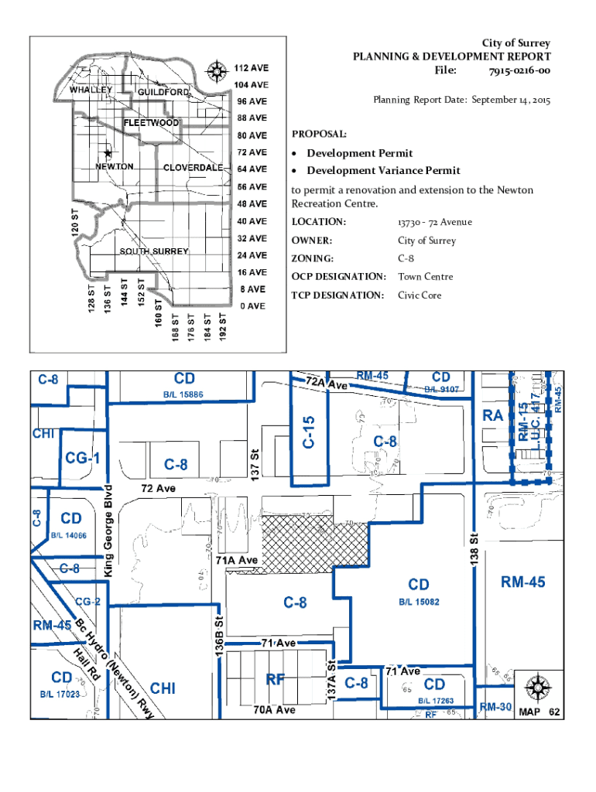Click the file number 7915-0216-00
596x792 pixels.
(x=519, y=70)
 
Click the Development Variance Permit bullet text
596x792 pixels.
(x=383, y=170)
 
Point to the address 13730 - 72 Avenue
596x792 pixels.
(x=434, y=223)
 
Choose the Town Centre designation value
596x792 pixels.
(x=425, y=277)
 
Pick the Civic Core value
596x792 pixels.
(x=420, y=295)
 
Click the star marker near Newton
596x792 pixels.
(x=108, y=153)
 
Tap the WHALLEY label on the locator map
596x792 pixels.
(x=91, y=90)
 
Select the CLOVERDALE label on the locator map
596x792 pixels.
(x=193, y=168)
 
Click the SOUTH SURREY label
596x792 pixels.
(x=153, y=251)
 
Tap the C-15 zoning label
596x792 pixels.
(x=309, y=434)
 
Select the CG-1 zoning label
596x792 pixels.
(x=82, y=458)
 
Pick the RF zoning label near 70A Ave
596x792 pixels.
(x=276, y=680)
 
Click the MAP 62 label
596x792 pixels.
(x=539, y=712)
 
